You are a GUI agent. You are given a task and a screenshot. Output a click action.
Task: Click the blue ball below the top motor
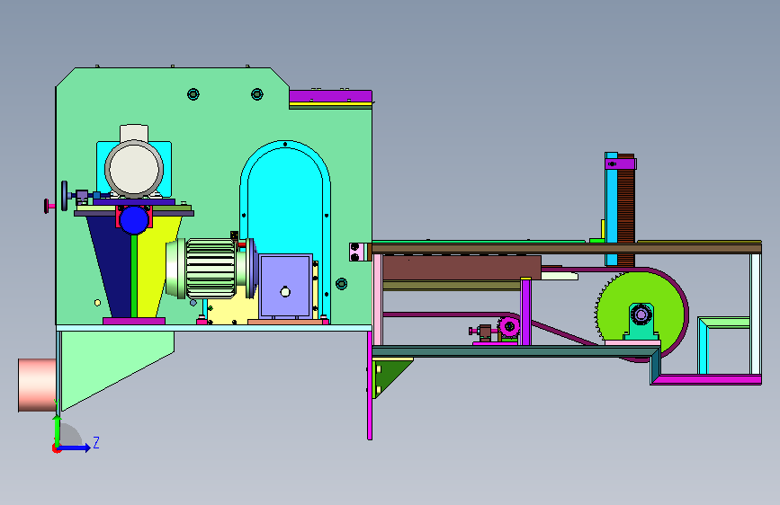point(134,220)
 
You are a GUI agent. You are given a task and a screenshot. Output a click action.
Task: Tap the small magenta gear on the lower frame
point(509,326)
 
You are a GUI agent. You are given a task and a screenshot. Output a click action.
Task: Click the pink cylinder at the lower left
point(37,385)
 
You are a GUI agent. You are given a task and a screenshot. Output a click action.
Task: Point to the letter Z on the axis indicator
point(96,442)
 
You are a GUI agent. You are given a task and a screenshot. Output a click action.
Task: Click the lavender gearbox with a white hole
point(285,287)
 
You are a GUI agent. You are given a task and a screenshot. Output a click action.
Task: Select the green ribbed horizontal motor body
point(210,269)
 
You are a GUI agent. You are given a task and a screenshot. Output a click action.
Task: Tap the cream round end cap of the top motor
point(134,169)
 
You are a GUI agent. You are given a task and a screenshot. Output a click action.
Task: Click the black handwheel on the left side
point(64,196)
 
